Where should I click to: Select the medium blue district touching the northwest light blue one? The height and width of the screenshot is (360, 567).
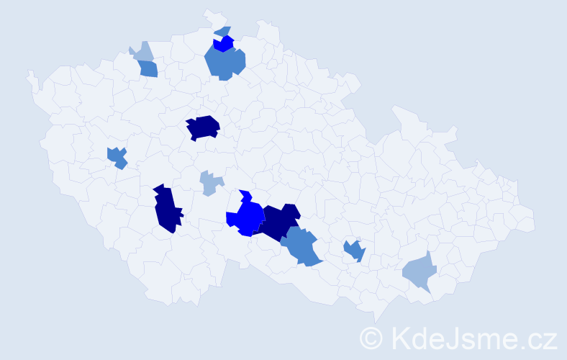click(148, 69)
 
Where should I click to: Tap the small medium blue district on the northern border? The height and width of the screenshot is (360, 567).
click(223, 31)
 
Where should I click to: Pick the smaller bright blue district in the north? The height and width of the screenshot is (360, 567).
click(224, 44)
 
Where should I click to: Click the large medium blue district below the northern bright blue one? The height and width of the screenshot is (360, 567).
click(224, 63)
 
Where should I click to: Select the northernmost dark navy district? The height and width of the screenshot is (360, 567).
click(203, 127)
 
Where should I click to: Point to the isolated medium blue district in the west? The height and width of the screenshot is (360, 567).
click(117, 156)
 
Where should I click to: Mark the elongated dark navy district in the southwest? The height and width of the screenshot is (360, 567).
click(166, 209)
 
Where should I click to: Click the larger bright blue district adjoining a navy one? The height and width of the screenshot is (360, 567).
click(247, 216)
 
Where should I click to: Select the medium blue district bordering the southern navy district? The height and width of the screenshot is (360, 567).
click(302, 246)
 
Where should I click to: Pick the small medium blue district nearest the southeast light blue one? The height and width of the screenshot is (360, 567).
click(354, 251)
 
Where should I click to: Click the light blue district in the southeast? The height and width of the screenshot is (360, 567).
click(419, 271)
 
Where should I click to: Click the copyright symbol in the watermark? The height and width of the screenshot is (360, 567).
click(372, 338)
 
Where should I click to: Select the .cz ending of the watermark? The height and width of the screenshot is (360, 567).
click(539, 338)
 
